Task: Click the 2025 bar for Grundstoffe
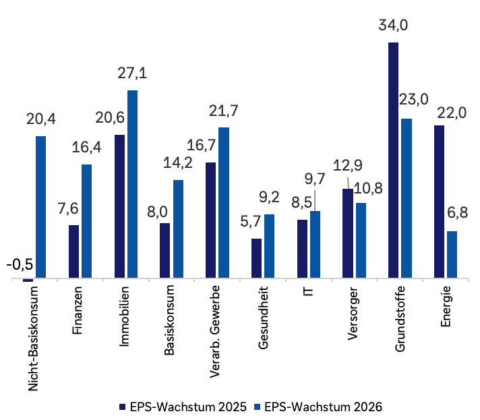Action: coord(394,160)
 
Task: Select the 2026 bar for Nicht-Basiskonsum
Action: coord(40,207)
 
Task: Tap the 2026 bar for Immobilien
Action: coord(132,183)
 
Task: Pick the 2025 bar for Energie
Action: coord(439,201)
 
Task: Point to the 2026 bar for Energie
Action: coord(452,254)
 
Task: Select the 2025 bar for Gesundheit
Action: coord(256,258)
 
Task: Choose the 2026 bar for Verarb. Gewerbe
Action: coord(223,202)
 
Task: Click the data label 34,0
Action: coord(394,26)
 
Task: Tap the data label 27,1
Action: coord(132,73)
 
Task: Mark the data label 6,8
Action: coord(456,214)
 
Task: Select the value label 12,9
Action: coord(348,166)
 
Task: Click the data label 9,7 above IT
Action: coord(316,179)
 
